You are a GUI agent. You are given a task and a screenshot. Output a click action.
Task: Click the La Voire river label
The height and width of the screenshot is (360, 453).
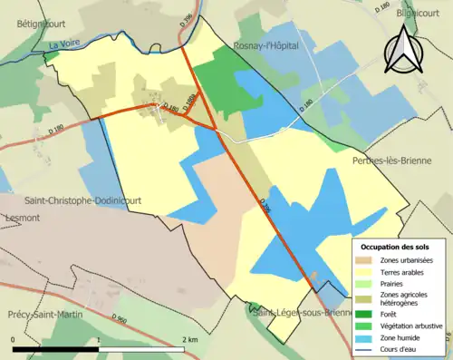click(64, 44)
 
